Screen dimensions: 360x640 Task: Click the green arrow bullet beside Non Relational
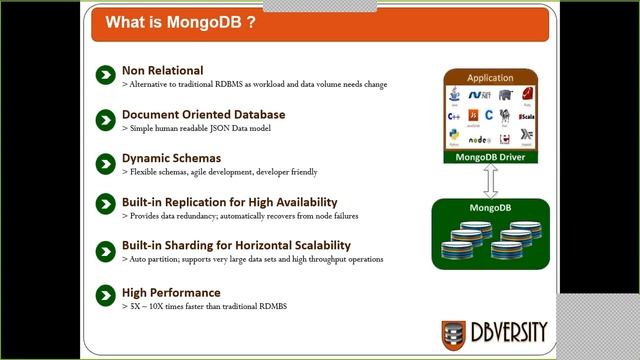coord(105,76)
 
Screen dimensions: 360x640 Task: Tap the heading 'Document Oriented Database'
coord(203,115)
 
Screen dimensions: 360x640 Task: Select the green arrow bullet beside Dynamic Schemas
coord(105,163)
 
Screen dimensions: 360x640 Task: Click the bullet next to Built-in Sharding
coord(105,250)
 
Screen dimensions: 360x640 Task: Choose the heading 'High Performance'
coord(170,292)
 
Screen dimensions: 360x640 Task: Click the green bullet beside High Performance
coord(105,295)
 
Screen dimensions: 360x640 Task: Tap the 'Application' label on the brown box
coord(490,77)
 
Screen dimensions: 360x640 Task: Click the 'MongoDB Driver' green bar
coord(490,157)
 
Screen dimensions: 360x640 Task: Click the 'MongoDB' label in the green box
coord(490,208)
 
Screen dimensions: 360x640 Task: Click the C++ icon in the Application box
coord(453,115)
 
